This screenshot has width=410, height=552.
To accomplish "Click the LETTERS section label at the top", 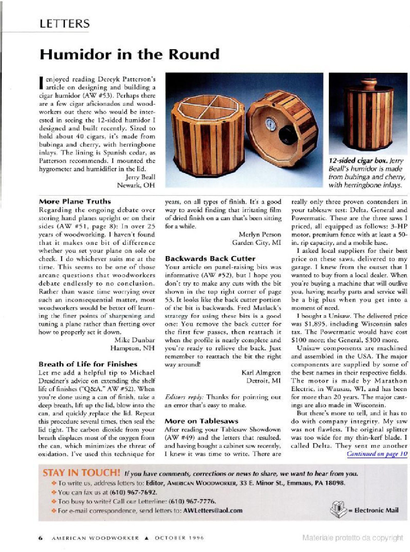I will pos(65,24).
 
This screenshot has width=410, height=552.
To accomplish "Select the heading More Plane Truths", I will pos(75,201).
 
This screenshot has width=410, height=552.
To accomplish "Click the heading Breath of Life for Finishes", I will pos(88,364).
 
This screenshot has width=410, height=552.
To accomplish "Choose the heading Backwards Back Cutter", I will pos(210,258).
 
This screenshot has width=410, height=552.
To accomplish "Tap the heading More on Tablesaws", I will pos(202,421).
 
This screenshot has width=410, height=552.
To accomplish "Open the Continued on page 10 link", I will pos(377,454).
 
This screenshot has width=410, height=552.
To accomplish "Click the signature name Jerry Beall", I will pos(140,177).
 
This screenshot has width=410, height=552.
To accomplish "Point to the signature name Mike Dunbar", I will pos(134,340).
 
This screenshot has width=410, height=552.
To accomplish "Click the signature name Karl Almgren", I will pos(261,372).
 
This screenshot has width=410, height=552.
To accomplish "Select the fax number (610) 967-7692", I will pos(133,492).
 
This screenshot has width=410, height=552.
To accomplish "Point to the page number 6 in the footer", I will pos(41,538).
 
